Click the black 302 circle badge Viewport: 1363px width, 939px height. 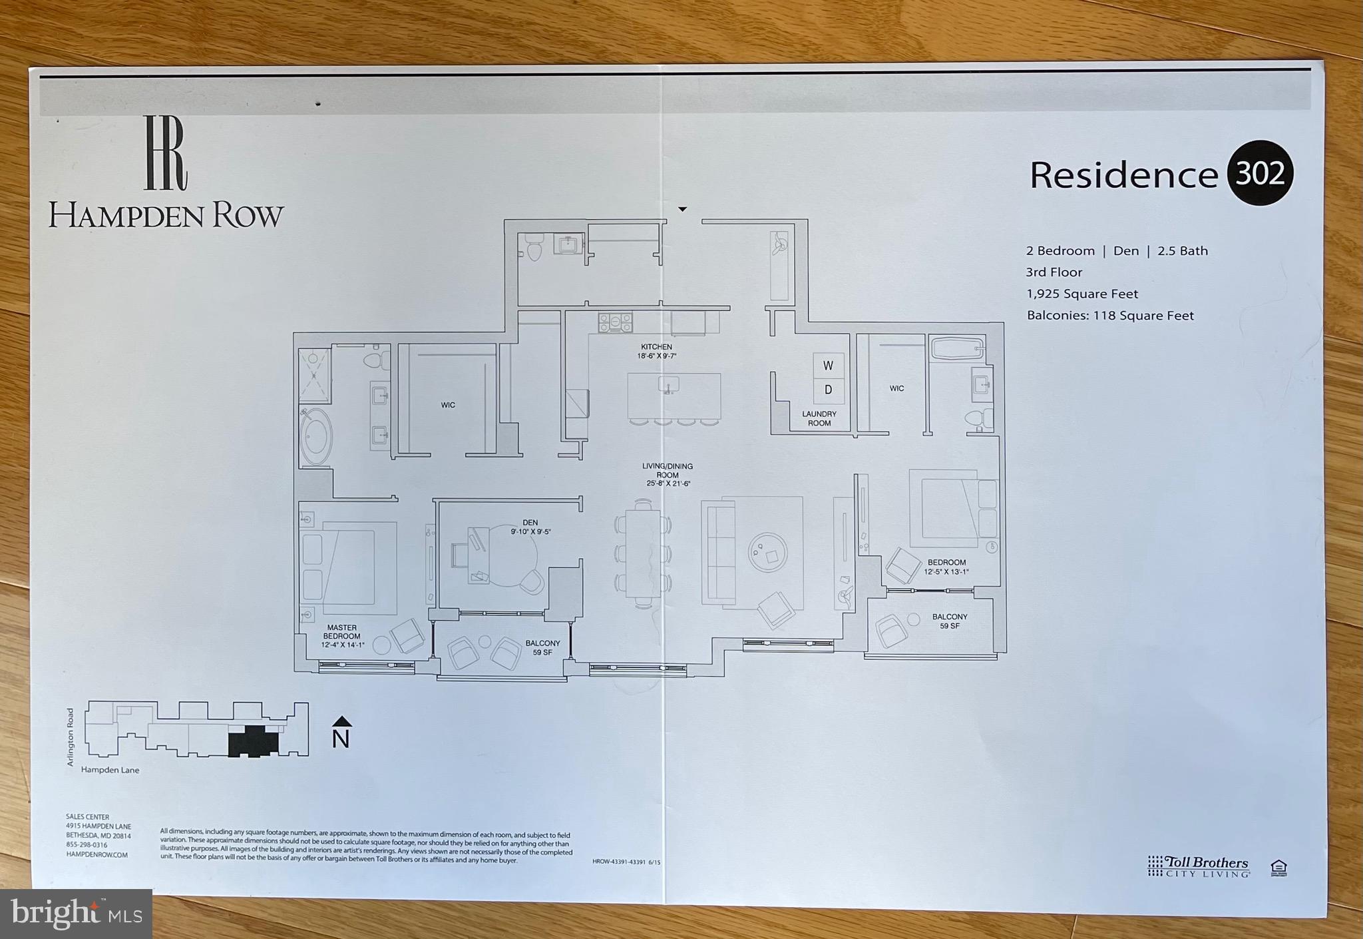coord(1259,173)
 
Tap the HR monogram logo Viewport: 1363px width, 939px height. coord(166,153)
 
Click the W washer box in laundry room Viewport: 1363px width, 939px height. coord(828,366)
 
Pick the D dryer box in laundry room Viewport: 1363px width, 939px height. coord(828,390)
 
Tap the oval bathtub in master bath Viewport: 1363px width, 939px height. coord(315,436)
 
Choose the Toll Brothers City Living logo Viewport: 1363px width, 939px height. coord(1198,866)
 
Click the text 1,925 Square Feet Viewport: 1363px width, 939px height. coord(1082,294)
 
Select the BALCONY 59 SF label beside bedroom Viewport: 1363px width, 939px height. coord(950,621)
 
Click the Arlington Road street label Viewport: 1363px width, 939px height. coord(71,737)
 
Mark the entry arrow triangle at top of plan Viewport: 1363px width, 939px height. coord(682,209)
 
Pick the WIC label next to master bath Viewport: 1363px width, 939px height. coord(448,405)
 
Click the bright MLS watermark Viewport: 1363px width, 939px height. coord(76,914)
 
